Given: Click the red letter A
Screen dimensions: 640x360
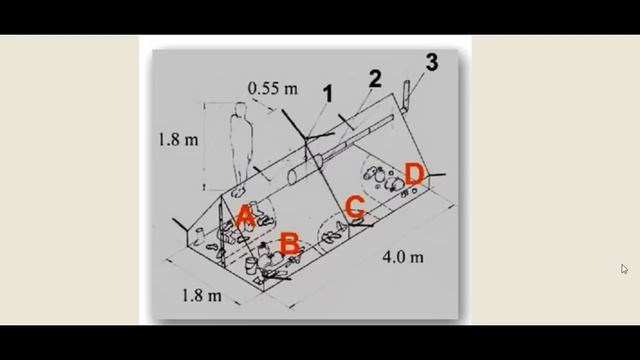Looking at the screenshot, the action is (x=246, y=216).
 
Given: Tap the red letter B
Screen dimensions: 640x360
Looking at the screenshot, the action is (x=290, y=244).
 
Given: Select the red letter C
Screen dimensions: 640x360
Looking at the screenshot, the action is (x=355, y=206).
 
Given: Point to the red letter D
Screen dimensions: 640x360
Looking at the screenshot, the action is (x=414, y=173).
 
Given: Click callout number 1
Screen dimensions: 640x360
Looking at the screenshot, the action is (x=328, y=94).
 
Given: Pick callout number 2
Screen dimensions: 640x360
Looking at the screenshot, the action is (x=375, y=79).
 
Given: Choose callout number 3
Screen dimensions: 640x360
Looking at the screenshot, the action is (x=431, y=62).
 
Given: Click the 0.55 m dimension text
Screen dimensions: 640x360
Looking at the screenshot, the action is (x=273, y=89).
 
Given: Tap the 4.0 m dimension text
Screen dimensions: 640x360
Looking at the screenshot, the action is (x=403, y=257).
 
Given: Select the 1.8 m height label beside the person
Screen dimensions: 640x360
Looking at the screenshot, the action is (x=178, y=140).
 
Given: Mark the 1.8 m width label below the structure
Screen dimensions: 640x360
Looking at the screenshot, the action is (x=201, y=295).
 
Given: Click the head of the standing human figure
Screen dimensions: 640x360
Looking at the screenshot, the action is (x=240, y=109).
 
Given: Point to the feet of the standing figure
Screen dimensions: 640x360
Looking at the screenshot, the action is (x=238, y=191).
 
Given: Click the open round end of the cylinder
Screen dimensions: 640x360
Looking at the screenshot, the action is (x=293, y=177).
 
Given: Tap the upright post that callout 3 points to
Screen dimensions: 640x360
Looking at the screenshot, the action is (x=405, y=96).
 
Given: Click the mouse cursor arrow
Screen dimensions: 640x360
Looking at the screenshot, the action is (x=624, y=269).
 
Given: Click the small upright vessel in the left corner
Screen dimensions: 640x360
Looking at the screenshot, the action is (x=200, y=235).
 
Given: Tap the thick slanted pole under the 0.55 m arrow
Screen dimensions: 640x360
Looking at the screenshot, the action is (x=294, y=124).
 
